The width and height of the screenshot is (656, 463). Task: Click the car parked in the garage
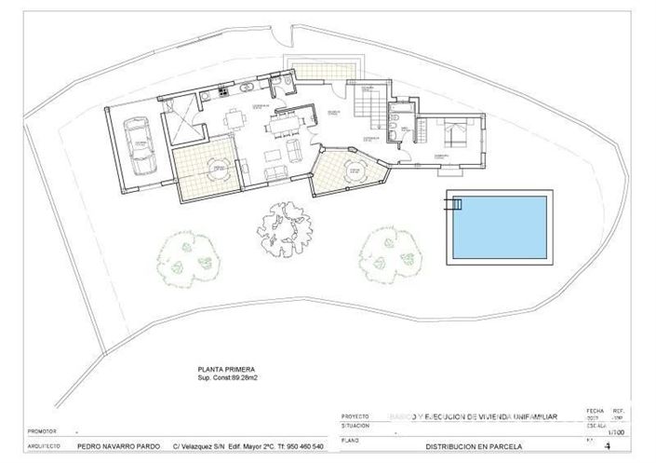[141, 145]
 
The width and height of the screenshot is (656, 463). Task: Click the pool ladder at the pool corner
[456, 204]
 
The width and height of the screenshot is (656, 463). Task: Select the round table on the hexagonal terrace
[353, 171]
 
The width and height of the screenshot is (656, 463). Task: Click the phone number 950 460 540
[300, 446]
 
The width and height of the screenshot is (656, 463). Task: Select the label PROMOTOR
[43, 432]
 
